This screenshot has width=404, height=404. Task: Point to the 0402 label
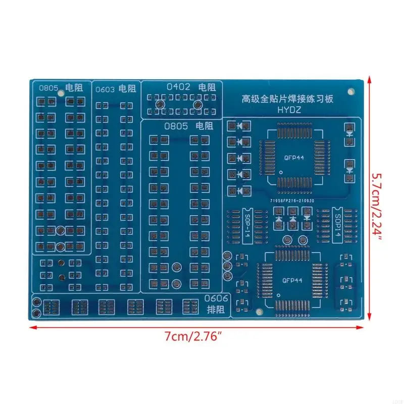178,86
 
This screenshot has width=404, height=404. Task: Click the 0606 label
218,298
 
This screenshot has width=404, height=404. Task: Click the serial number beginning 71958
291,200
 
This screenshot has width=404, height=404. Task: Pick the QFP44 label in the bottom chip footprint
292,280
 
